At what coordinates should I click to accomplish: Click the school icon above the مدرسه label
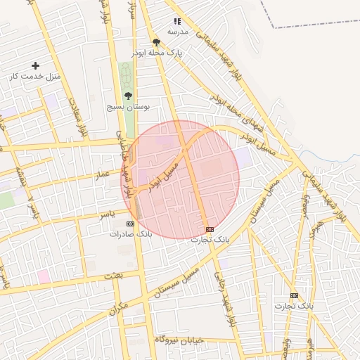tap(177, 21)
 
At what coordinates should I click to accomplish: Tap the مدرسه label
tap(177, 32)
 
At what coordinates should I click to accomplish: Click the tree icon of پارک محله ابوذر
tap(156, 41)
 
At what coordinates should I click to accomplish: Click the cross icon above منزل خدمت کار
tap(35, 65)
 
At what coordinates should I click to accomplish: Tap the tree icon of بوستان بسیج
tap(127, 96)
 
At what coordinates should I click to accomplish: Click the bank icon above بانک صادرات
tap(129, 223)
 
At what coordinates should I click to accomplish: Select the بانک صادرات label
tap(130, 233)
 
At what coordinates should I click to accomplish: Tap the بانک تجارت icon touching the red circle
tap(209, 229)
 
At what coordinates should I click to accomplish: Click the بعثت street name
tap(112, 275)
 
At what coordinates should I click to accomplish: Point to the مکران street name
tap(120, 307)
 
